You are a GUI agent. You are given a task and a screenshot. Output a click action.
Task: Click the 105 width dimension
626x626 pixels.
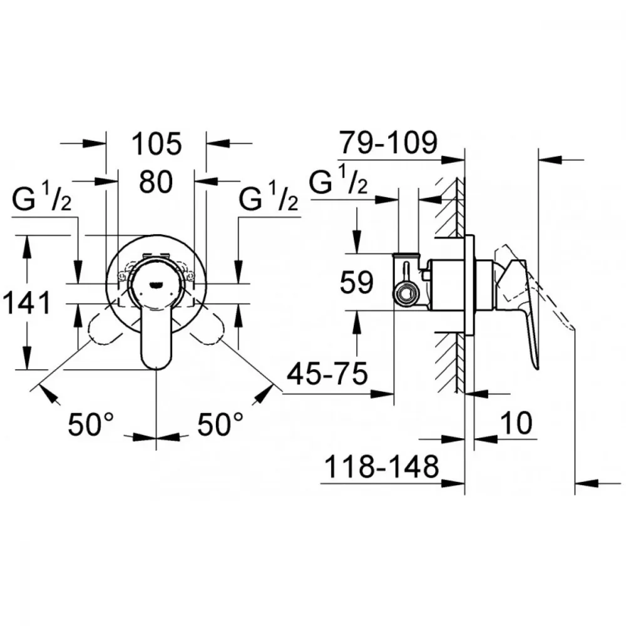(156, 144)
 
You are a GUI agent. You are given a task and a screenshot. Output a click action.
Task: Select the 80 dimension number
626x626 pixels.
(156, 182)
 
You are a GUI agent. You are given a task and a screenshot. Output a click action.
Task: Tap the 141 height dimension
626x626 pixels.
(27, 302)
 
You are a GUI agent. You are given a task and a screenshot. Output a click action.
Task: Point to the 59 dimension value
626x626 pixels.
(357, 282)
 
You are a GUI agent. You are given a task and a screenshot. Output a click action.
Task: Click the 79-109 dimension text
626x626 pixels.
(388, 142)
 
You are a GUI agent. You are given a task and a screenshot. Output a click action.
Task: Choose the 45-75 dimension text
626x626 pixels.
(327, 374)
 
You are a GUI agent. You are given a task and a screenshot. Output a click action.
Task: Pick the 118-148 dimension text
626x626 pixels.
(382, 466)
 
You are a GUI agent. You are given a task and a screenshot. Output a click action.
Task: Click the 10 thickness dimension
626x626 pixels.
(516, 423)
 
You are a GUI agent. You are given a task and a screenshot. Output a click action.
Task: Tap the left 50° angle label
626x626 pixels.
(91, 424)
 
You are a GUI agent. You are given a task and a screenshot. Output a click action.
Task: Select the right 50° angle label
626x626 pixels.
(220, 424)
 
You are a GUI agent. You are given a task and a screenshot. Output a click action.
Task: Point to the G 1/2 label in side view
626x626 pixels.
(338, 182)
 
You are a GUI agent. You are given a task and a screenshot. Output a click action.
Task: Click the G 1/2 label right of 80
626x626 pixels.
(269, 198)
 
